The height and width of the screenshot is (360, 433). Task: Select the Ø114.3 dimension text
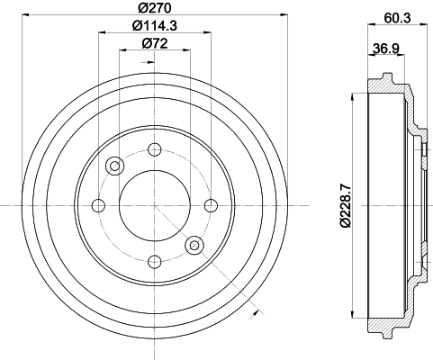[x=154, y=26]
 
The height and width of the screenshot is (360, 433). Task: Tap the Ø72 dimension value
[x=154, y=43]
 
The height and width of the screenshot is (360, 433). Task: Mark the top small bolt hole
[x=154, y=149]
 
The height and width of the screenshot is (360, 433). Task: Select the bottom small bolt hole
[x=154, y=261]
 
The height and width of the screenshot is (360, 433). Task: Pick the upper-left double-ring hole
[x=114, y=166]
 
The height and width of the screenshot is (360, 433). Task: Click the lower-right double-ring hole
[x=194, y=245]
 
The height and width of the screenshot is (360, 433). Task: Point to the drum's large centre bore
[x=154, y=205]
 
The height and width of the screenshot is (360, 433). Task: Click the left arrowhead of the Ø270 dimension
[x=30, y=15]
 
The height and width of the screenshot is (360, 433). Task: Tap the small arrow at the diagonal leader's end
[x=257, y=312]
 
